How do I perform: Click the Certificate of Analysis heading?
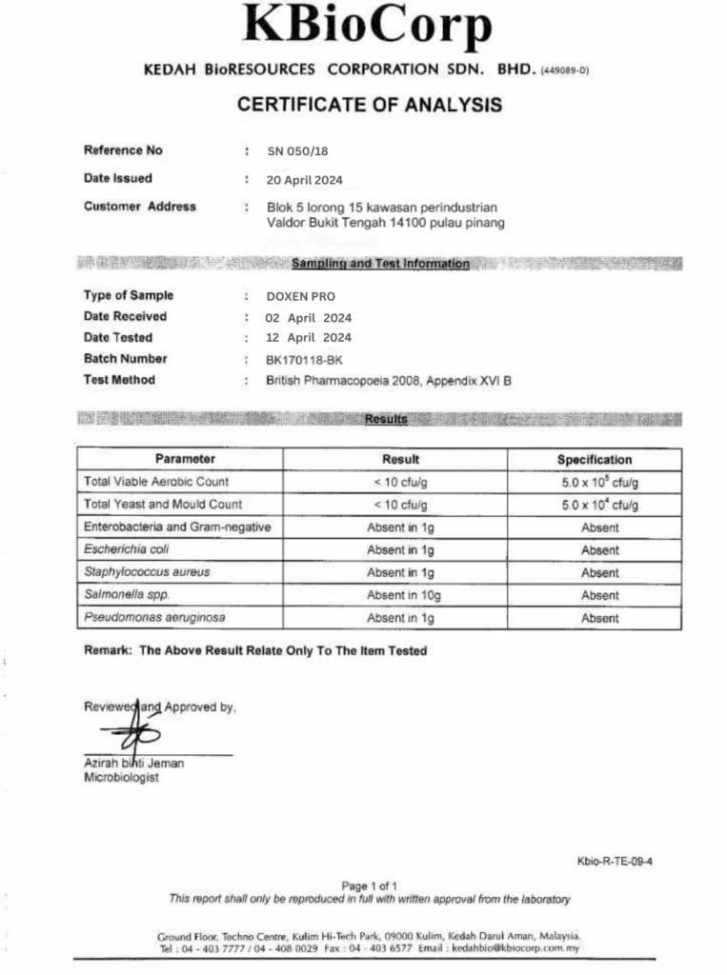tap(369, 105)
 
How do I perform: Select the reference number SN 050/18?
tap(297, 150)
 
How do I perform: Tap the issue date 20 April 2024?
tap(305, 179)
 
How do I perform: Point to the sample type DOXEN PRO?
tap(301, 296)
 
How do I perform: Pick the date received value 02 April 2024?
tap(309, 317)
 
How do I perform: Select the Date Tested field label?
tap(117, 338)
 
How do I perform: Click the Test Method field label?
tap(119, 380)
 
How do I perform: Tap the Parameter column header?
tap(185, 459)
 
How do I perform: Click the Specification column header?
tap(595, 459)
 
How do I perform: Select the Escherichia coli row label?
tap(127, 549)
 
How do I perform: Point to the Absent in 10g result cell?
tap(400, 595)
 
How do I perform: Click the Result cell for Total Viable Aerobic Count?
tap(400, 482)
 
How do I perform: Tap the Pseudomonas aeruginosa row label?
tap(154, 618)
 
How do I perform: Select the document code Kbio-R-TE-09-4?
tap(615, 862)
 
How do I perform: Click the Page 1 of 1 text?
tap(369, 885)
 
